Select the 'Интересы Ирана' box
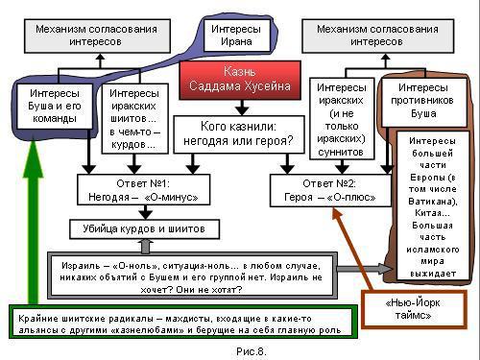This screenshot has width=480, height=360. click(x=237, y=35)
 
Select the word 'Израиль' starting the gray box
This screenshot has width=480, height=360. click(x=74, y=261)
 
